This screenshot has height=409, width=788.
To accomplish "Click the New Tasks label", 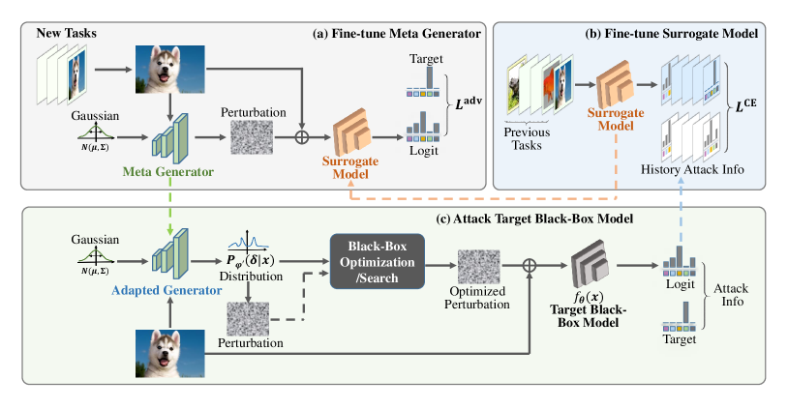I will point(67,35).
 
